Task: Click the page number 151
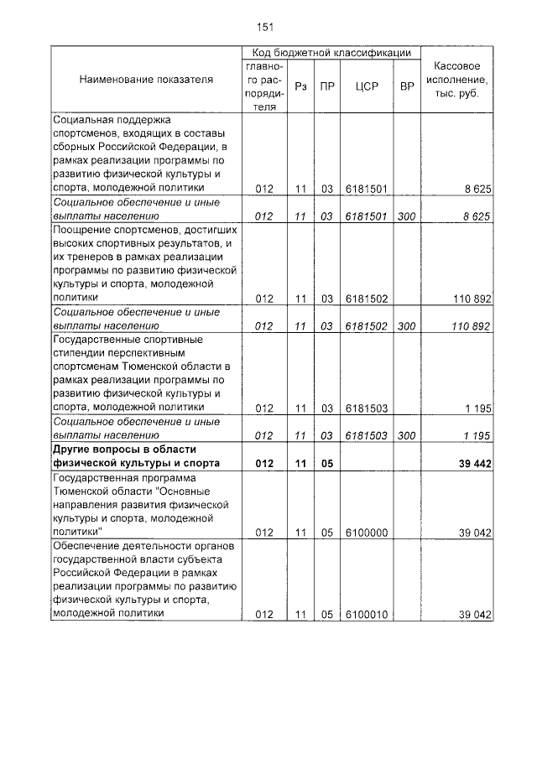pos(265,27)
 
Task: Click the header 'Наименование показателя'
pos(146,80)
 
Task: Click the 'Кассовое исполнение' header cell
pos(457,80)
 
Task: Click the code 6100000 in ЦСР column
pos(366,533)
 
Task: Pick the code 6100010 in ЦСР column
pos(366,615)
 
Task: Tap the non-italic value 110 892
pos(471,298)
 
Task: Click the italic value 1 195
pos(477,435)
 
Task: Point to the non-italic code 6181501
pos(366,189)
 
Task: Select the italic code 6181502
pos(366,326)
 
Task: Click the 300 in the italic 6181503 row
pos(407,435)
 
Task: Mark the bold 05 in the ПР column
pos(327,463)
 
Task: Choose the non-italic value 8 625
pos(477,189)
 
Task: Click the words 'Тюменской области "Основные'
pos(131,491)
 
